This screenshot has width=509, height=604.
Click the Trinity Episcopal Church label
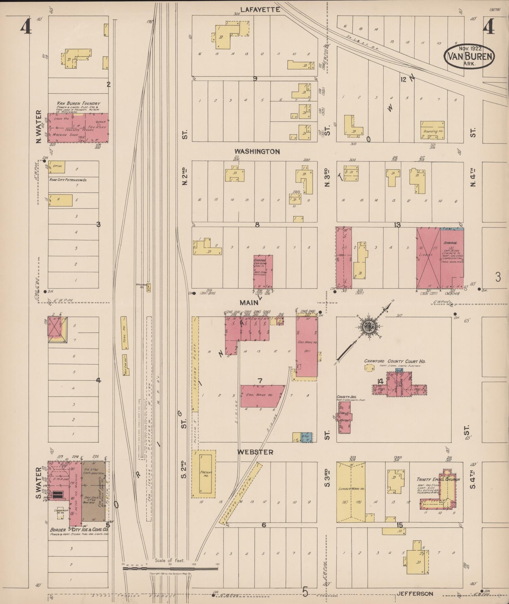(x=438, y=479)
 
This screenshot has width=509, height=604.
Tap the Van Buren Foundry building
(x=78, y=128)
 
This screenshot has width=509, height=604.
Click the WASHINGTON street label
(x=257, y=152)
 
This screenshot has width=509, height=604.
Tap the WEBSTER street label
(x=255, y=452)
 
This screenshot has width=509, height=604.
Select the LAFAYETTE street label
(x=260, y=10)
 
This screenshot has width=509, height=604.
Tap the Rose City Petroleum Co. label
(x=68, y=180)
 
